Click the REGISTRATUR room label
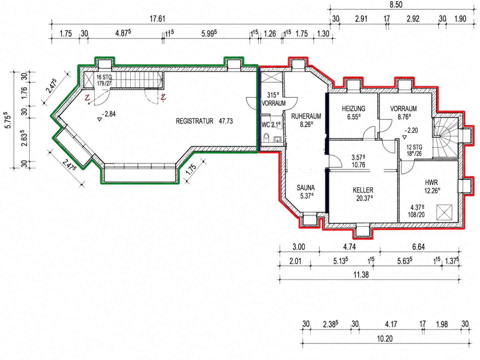(x=194, y=121)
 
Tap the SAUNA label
(x=306, y=188)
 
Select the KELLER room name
(x=363, y=190)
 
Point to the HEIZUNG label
(x=354, y=109)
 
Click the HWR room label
(x=431, y=183)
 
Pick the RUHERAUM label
(x=306, y=116)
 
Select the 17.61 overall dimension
(x=157, y=19)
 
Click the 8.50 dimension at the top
(x=396, y=5)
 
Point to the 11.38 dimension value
(x=361, y=275)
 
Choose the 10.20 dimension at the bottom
(x=385, y=339)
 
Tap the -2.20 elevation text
(x=411, y=131)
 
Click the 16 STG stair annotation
(x=104, y=77)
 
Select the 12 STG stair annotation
(x=414, y=147)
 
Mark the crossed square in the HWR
(x=444, y=212)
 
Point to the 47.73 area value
(x=226, y=121)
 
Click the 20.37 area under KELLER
(x=364, y=198)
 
